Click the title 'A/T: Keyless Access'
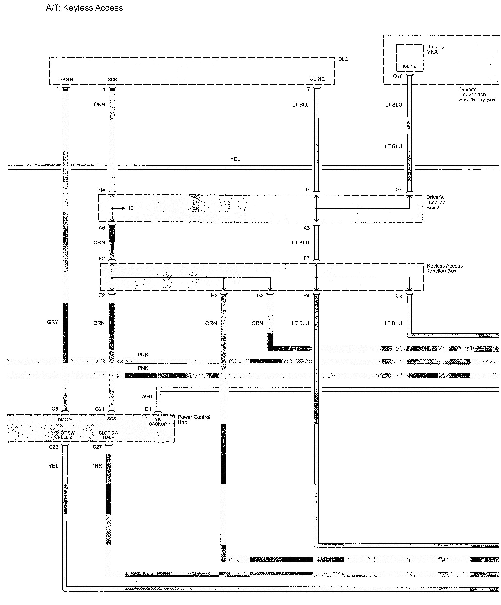point(84,8)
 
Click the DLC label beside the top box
point(343,59)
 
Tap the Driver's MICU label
point(435,49)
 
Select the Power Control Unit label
point(194,420)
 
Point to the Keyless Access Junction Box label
point(444,268)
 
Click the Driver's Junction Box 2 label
point(436,203)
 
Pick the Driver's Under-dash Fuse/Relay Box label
point(477,95)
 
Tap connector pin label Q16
point(398,76)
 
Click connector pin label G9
point(399,190)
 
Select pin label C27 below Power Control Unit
point(97,447)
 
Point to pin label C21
point(100,409)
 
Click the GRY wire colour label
point(52,322)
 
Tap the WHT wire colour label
point(147,397)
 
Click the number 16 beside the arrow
point(131,208)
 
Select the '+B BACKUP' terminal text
point(158,422)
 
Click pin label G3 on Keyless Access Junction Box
point(260,296)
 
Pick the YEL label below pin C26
point(53,466)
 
